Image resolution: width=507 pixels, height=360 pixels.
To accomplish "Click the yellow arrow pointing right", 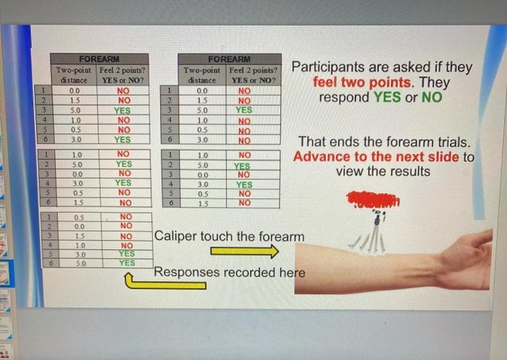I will (244, 251).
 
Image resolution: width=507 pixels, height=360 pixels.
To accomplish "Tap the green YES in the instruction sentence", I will (387, 97).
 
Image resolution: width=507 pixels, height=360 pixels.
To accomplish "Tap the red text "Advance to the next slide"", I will (376, 156).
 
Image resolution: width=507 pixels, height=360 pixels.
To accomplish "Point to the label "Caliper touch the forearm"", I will (229, 237).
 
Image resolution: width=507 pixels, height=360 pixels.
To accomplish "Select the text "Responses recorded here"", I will (229, 273).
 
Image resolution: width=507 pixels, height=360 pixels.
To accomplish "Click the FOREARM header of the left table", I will (99, 59).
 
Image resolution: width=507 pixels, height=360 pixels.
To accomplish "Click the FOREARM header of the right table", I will (229, 59).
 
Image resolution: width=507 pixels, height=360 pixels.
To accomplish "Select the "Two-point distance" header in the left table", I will (74, 75).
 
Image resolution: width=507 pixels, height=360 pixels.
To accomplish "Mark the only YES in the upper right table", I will (245, 110).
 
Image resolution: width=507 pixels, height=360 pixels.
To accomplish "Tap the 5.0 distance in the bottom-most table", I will (74, 263).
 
